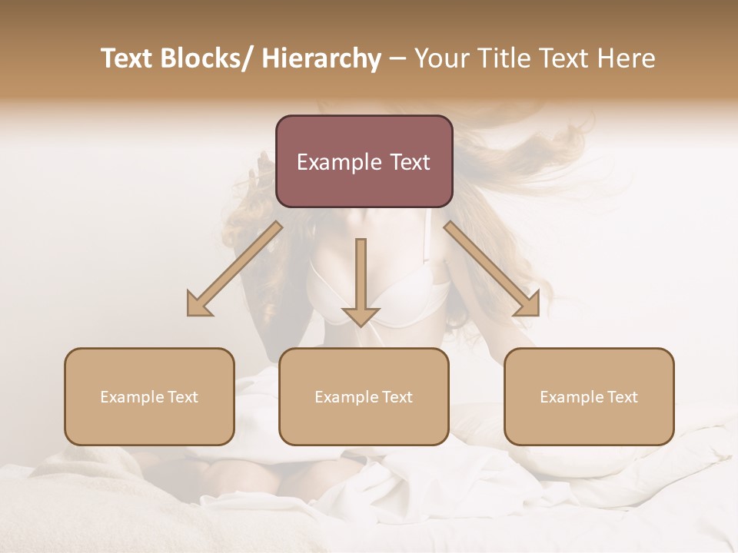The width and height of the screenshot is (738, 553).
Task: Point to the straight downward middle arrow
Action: [x=361, y=281]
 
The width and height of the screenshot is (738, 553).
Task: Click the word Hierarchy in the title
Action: [x=321, y=58]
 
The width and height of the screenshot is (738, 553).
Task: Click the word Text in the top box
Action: [x=409, y=162]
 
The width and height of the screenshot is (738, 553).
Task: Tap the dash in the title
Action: [x=397, y=58]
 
